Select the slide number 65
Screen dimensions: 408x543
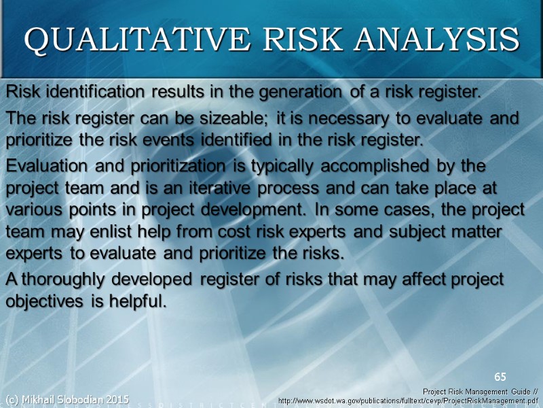[x=500, y=377]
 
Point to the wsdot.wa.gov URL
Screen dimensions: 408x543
[x=408, y=401]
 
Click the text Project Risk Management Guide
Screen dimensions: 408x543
[x=475, y=392]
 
